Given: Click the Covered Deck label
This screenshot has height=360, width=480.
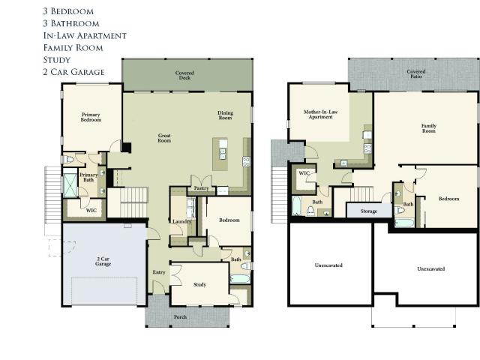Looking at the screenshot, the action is (184, 75).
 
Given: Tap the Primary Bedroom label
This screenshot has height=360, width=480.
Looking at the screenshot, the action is (91, 117).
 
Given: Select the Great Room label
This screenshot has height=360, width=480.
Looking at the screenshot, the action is (164, 138).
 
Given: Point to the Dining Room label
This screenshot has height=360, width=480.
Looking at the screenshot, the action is (225, 115).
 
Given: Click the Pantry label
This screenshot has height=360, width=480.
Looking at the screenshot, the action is (201, 188).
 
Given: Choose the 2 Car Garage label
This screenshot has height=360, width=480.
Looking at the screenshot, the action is (103, 262).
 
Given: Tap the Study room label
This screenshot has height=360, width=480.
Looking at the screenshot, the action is (200, 285).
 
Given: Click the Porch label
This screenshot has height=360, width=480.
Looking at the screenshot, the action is (180, 317).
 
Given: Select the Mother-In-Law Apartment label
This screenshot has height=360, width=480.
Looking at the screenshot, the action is (320, 115).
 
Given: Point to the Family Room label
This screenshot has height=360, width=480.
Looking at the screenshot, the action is (429, 128).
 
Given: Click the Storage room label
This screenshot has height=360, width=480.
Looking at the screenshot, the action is (369, 211).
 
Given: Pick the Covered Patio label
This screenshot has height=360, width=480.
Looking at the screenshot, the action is (416, 73).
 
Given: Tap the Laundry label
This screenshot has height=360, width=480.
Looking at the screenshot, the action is (181, 221).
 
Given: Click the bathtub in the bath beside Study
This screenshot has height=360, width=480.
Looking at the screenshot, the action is (240, 279).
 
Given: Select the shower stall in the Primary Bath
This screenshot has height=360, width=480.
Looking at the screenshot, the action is (70, 185).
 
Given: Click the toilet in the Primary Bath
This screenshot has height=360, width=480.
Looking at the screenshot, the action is (68, 160).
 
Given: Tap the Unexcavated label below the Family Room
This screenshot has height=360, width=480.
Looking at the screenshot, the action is (431, 268).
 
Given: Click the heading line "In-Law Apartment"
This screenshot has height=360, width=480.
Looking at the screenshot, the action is (85, 36).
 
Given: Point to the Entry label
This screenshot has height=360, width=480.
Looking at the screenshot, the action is (159, 272).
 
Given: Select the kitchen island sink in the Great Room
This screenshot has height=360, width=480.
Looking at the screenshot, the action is (223, 154).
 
